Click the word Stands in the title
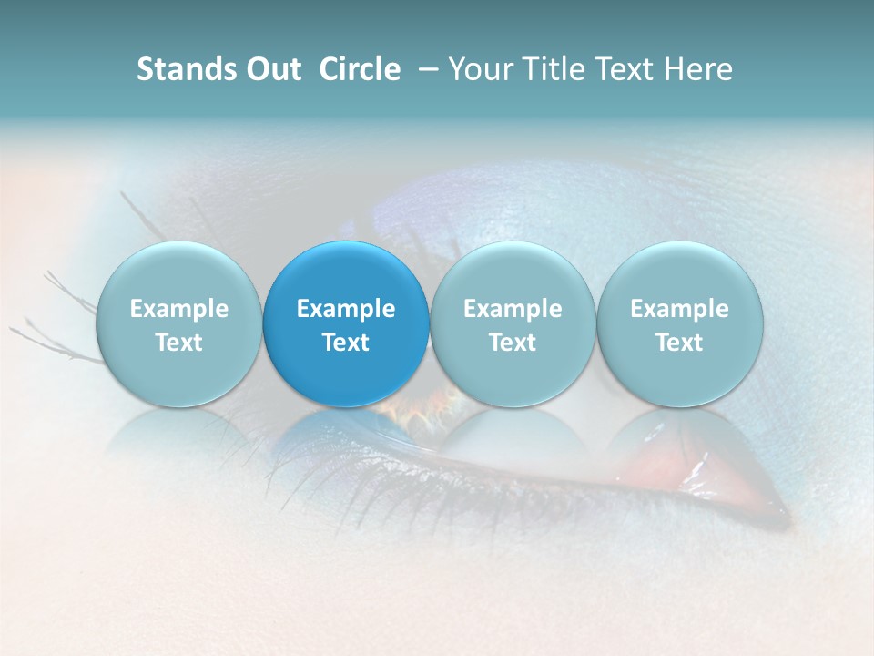point(180,69)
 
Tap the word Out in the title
point(271,69)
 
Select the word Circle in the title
point(360,69)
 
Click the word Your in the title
point(479,69)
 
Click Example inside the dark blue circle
point(346,309)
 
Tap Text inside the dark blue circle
point(346,343)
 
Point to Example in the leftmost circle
point(178,309)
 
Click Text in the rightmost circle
point(680,343)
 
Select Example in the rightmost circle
point(680,309)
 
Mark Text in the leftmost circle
point(178,343)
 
